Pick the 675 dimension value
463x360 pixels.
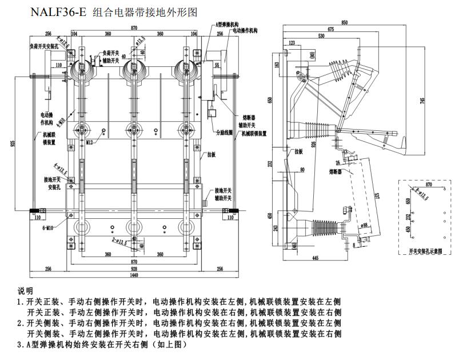pos(331,29)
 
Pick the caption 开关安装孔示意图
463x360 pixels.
pos(426,251)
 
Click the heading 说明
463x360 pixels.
pos(26,290)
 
